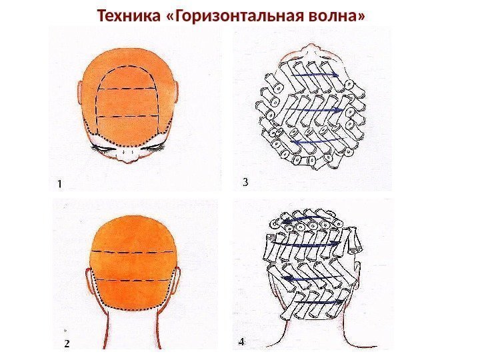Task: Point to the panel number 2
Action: click(66, 344)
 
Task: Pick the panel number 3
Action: click(245, 181)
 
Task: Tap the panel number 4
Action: click(241, 342)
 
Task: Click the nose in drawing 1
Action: click(132, 154)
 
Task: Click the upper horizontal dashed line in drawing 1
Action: click(131, 89)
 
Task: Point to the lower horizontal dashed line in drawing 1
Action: click(130, 117)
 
